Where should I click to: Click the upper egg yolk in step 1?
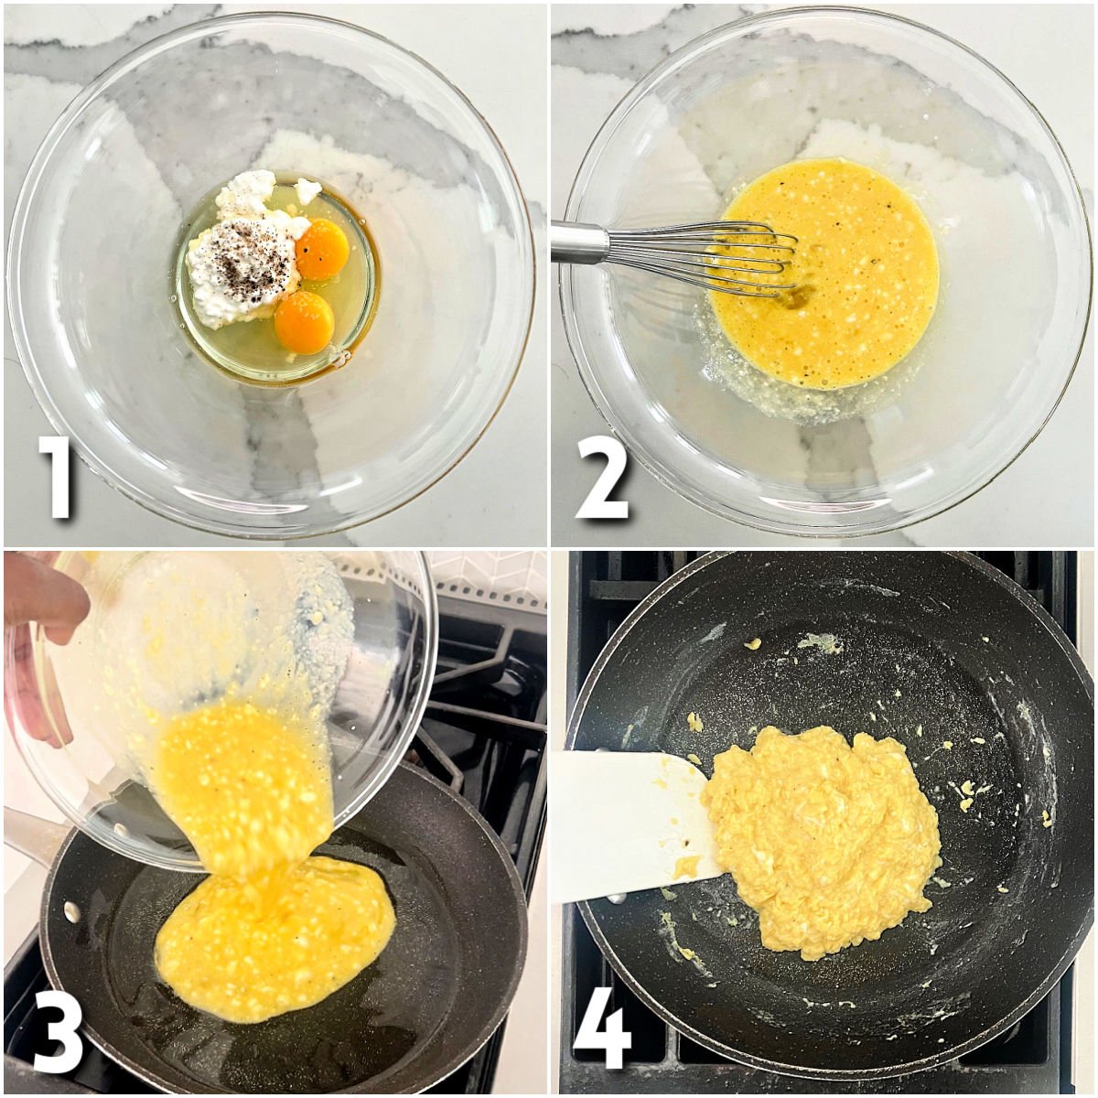[x=322, y=250]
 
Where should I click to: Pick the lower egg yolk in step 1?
[x=304, y=322]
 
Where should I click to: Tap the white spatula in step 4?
[x=622, y=823]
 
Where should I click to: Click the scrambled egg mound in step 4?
[x=823, y=837]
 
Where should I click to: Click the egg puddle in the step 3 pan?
[x=274, y=942]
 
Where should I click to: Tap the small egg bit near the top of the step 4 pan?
[x=752, y=644]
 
